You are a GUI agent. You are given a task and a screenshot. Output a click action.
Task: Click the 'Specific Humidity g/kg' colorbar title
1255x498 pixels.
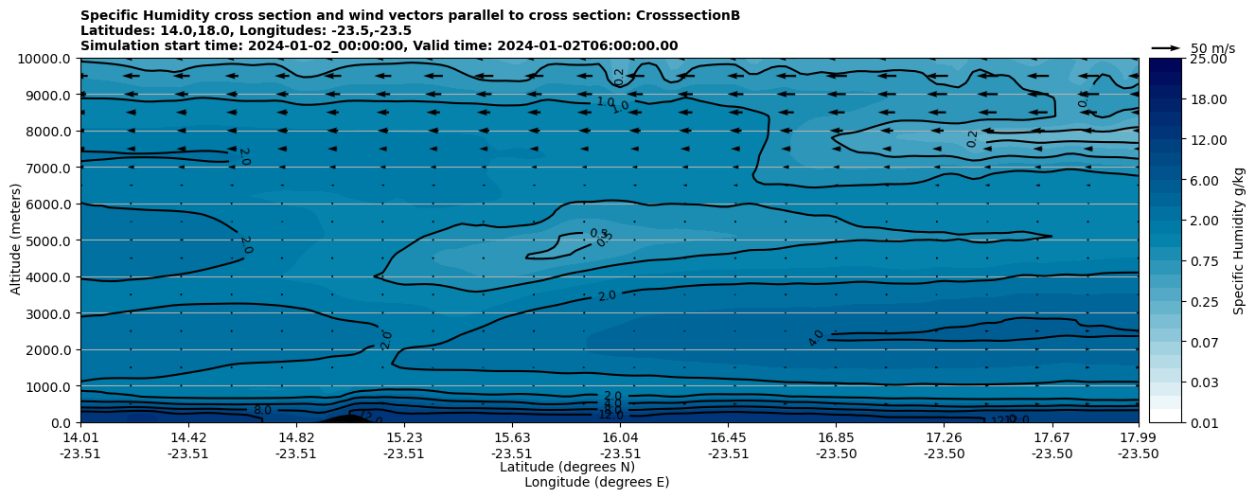1239,240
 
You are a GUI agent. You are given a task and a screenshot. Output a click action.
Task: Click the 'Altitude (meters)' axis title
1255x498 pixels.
16,240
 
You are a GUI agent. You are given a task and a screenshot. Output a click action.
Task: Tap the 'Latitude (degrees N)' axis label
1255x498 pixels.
567,467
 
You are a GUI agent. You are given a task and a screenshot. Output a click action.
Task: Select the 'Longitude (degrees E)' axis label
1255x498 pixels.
596,482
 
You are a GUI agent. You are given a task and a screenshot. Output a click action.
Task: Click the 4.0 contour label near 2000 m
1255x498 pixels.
816,338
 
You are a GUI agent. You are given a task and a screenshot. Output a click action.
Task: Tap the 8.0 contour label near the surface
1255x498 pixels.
262,410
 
